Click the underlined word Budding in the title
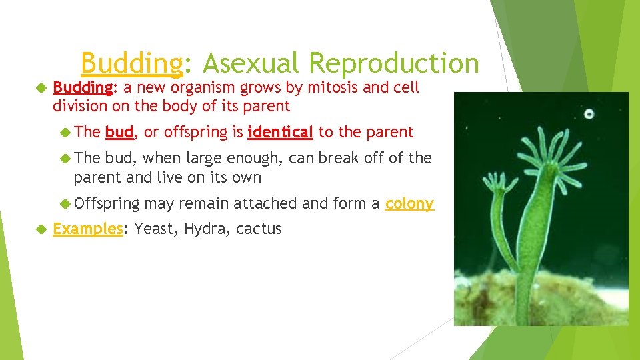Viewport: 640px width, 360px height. coord(131,64)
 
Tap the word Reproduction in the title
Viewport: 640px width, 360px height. coord(394,64)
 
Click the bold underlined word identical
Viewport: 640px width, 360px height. coord(280,132)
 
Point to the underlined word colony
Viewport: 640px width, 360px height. coord(409,203)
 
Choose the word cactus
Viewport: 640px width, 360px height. coord(259,229)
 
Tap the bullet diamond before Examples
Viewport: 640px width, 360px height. coord(41,229)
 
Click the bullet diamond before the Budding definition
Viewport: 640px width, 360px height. coord(41,88)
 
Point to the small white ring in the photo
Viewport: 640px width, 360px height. coord(589,114)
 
